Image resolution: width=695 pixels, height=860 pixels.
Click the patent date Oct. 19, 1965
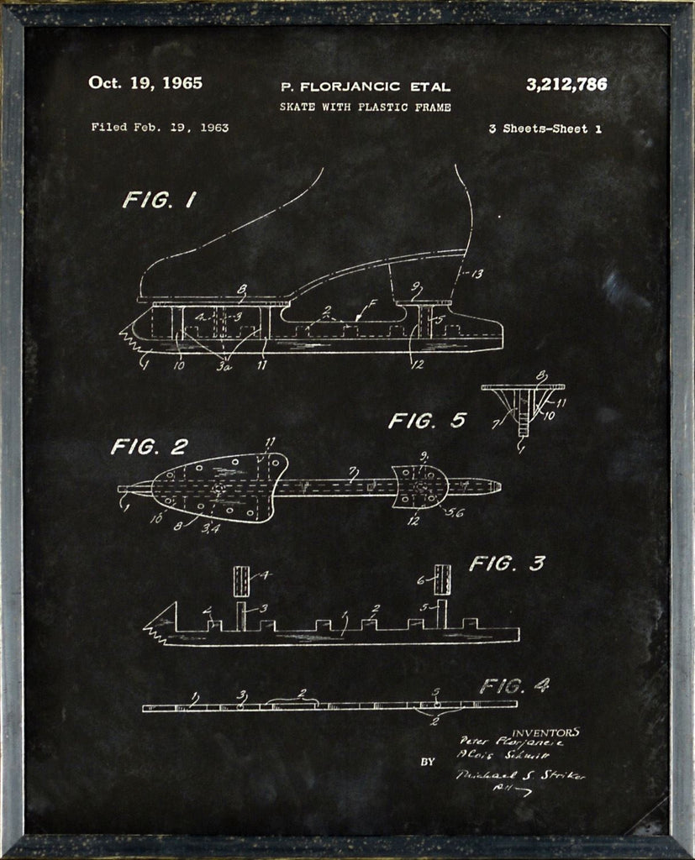(x=145, y=83)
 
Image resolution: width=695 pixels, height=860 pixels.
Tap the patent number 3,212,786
(x=566, y=84)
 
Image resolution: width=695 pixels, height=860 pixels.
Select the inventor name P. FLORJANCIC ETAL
(x=365, y=87)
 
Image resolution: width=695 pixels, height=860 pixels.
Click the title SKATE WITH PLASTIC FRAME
(x=365, y=107)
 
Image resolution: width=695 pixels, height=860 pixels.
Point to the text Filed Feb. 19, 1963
(x=160, y=128)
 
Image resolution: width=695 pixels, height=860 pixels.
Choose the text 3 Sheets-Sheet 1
(x=545, y=129)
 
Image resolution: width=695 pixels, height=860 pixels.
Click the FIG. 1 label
(x=159, y=200)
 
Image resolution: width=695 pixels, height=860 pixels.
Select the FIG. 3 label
(x=507, y=564)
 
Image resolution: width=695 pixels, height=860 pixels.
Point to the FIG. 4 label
(x=513, y=685)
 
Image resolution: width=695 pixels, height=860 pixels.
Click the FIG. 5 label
(x=426, y=420)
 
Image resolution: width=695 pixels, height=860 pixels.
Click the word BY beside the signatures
(x=428, y=763)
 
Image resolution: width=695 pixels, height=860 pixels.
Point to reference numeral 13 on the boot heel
(x=476, y=274)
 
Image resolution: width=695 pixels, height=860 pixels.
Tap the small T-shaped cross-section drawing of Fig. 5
(x=523, y=407)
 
